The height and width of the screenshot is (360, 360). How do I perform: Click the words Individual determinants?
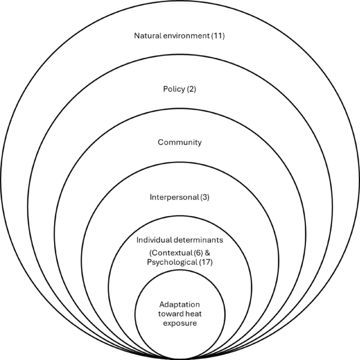(180, 240)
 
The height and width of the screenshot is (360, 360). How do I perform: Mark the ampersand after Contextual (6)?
(208, 252)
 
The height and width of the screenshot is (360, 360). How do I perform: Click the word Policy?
(174, 89)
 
